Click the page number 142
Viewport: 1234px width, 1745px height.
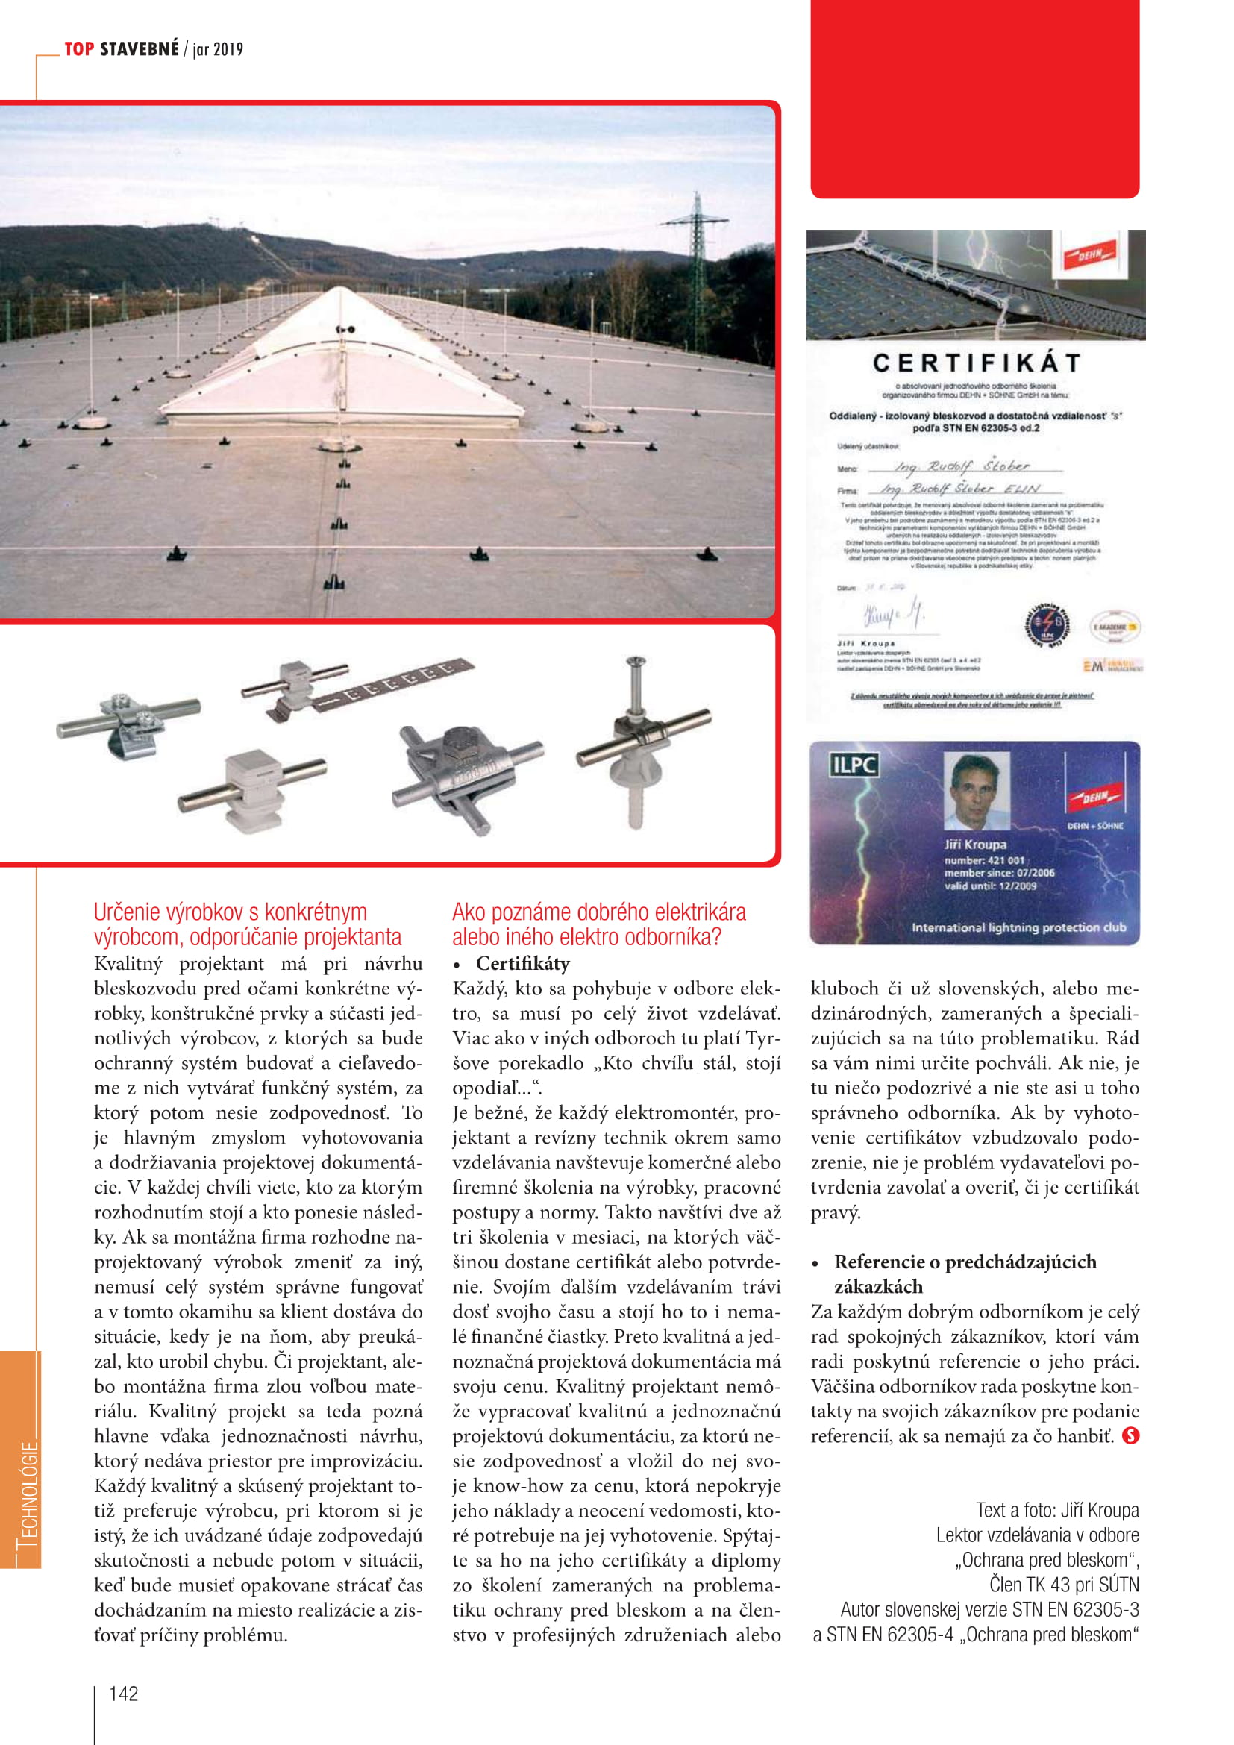[x=124, y=1694]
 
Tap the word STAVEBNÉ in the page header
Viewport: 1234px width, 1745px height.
[x=140, y=49]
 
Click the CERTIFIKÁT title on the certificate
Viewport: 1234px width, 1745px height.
[x=977, y=363]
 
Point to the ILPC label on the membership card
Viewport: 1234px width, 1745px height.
[x=854, y=765]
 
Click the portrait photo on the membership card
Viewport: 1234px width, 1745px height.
[x=977, y=790]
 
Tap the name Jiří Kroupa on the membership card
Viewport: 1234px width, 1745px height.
[x=975, y=845]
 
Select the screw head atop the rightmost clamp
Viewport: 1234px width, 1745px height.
[x=635, y=662]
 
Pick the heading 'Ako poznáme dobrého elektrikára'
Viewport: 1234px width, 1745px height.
[x=599, y=912]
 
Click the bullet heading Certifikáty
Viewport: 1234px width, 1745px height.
[x=523, y=964]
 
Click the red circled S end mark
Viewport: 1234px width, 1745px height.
[x=1130, y=1435]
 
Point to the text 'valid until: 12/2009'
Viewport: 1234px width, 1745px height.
[x=990, y=886]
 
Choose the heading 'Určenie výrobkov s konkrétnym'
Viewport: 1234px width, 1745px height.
[x=231, y=912]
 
